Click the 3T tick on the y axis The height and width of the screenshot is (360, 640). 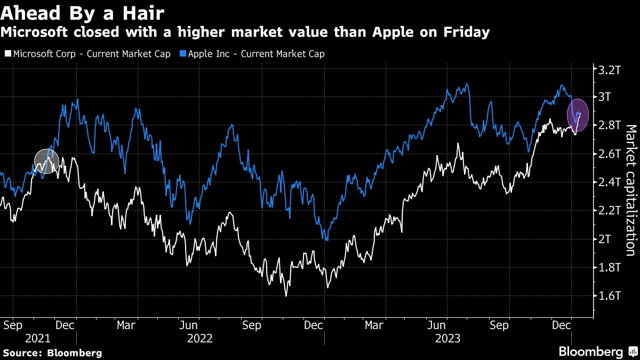pos(606,97)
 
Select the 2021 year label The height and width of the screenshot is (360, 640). pos(38,338)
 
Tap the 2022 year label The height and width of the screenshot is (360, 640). pos(200,338)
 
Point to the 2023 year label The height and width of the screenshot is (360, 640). pos(448,338)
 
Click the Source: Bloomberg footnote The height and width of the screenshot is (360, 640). pos(52,353)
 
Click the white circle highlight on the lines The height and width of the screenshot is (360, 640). pos(46,161)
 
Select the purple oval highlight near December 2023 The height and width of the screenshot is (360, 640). pos(578,115)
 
